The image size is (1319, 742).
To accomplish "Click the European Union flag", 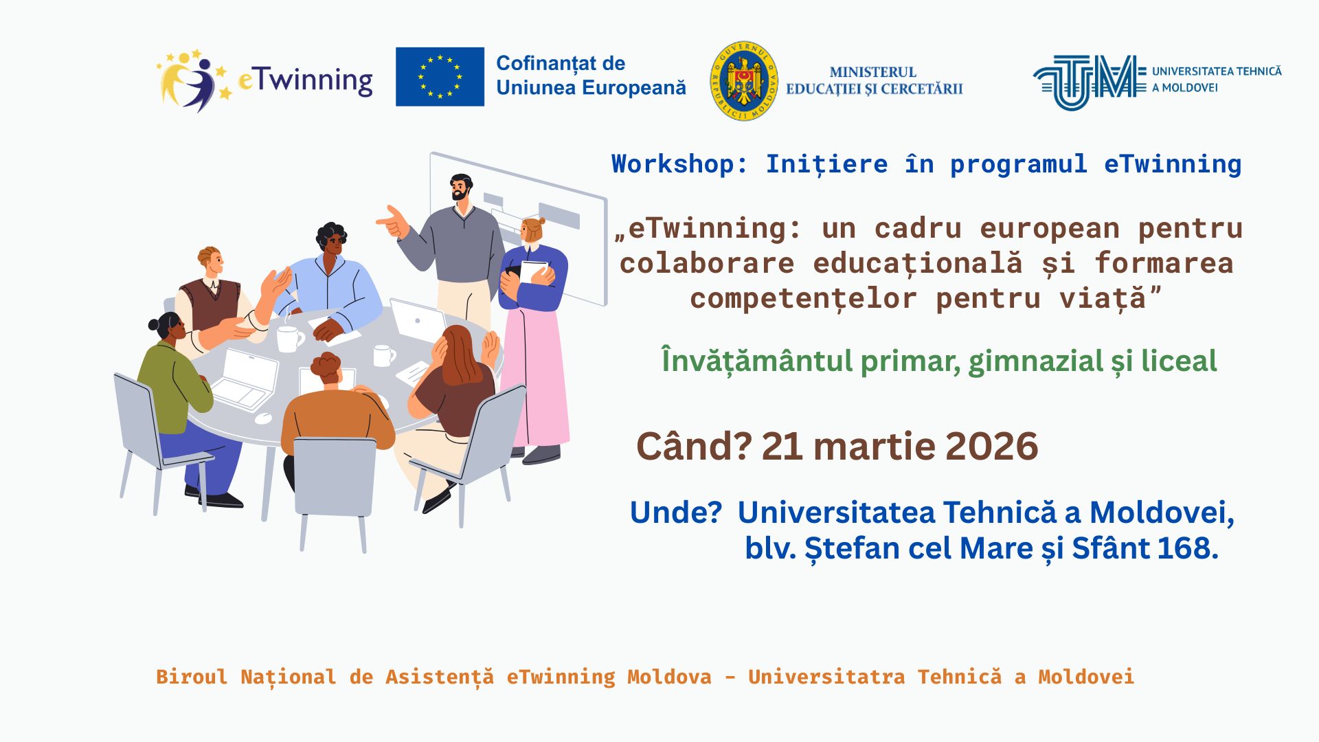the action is [440, 76].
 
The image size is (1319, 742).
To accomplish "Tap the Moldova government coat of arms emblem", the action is [743, 80].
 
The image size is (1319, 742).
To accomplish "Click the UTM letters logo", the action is [1090, 82].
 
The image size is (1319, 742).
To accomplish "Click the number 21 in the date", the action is [782, 447].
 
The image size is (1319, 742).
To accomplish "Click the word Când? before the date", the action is [695, 447].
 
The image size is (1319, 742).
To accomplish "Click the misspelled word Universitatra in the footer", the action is [826, 677].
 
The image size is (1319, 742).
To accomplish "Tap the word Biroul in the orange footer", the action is [192, 677].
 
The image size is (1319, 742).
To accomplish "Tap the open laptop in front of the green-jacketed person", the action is [244, 379].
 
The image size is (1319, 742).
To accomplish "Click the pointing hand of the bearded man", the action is [392, 221].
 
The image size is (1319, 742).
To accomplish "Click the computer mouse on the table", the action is [263, 418].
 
